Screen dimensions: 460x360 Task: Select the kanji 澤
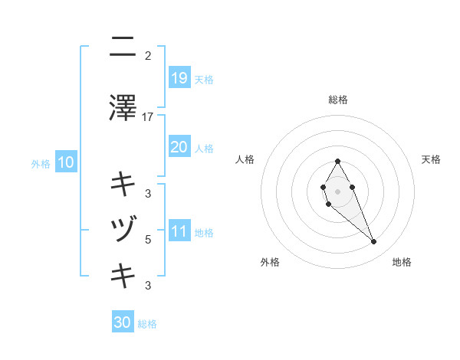(123, 108)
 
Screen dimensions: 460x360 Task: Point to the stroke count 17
(148, 117)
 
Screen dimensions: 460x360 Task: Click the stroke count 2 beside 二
(148, 56)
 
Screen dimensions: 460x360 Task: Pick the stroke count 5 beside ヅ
(148, 240)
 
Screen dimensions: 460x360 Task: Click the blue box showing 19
(179, 77)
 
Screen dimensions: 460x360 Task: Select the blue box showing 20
(179, 146)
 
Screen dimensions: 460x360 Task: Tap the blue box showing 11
(179, 231)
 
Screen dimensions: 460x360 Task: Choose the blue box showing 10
(65, 162)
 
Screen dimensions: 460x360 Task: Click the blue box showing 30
(123, 322)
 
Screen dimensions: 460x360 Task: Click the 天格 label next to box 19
(204, 79)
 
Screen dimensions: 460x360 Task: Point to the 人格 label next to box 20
(204, 148)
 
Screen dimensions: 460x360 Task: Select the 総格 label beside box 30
(147, 324)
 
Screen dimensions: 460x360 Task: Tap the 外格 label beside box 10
(41, 163)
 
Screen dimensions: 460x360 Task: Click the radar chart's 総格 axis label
(338, 100)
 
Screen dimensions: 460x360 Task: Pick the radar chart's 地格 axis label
(402, 262)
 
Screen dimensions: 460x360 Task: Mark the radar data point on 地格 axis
(373, 242)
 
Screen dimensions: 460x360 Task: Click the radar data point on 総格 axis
(338, 161)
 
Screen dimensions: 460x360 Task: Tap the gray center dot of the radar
(337, 191)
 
